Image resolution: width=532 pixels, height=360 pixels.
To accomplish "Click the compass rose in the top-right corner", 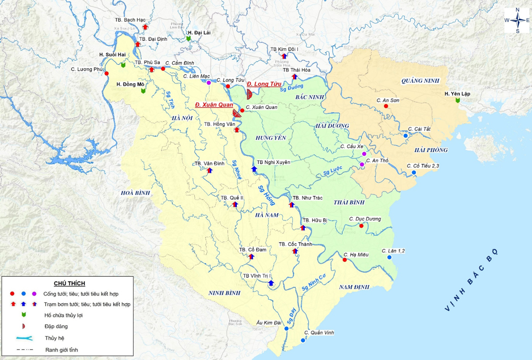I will (x=517, y=20).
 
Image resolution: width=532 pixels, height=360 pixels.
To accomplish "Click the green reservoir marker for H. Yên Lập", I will (x=458, y=101).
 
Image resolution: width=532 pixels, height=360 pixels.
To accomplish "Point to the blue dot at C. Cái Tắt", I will (x=406, y=135).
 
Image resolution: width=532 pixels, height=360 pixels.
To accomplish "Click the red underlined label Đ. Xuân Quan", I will (x=214, y=105).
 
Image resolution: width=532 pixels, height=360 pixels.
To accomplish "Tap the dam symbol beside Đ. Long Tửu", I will (x=250, y=94).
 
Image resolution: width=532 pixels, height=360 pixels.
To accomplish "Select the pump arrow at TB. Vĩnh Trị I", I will (x=271, y=282).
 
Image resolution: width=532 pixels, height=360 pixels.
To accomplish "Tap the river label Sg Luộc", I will (x=334, y=171).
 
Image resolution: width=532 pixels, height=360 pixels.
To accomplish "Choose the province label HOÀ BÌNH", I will (x=135, y=193).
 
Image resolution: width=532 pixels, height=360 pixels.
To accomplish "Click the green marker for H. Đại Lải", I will (x=189, y=39).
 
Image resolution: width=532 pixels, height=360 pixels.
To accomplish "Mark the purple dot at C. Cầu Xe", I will (x=364, y=154).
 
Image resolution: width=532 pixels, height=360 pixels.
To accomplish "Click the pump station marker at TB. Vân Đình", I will (x=208, y=170).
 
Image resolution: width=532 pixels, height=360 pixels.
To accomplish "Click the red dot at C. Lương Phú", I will (x=107, y=74).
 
